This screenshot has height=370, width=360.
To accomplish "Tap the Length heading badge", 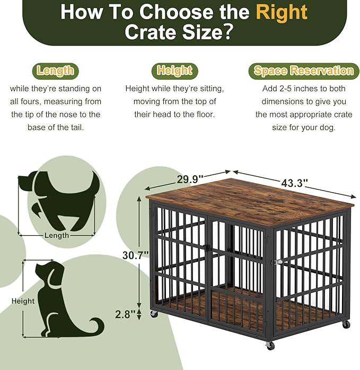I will coord(55,71).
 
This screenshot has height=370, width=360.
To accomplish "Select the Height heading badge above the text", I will coord(174,71).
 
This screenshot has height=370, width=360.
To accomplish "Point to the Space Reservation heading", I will coord(303,71).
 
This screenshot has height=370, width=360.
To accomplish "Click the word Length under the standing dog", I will coord(57,235).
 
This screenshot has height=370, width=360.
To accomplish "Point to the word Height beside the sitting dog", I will coord(23,301).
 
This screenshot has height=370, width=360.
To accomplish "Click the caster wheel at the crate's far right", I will coord(346,324).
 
